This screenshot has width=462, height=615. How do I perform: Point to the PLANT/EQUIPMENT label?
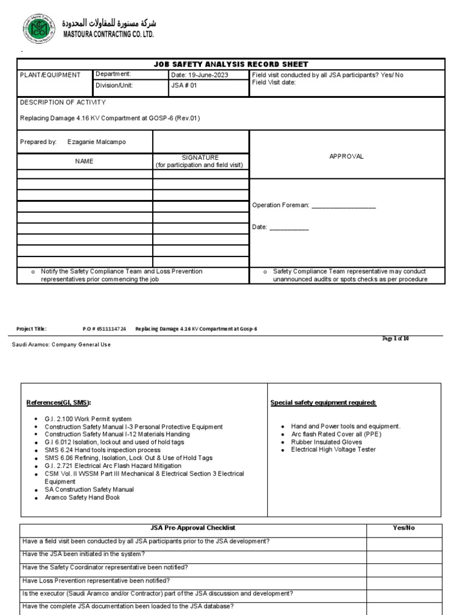(50, 75)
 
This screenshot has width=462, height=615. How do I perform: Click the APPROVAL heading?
(346, 156)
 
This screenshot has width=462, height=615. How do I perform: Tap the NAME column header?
(84, 162)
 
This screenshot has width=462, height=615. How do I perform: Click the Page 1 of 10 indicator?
(395, 339)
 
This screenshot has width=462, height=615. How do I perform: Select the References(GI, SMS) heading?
(60, 402)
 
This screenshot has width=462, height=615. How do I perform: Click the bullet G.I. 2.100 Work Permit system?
(88, 419)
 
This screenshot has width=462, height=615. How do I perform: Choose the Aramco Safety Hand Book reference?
(82, 497)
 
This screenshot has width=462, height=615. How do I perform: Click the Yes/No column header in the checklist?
(404, 528)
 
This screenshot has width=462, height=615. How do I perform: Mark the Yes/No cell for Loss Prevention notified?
(404, 580)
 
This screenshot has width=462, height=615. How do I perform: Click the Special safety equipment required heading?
(324, 402)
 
